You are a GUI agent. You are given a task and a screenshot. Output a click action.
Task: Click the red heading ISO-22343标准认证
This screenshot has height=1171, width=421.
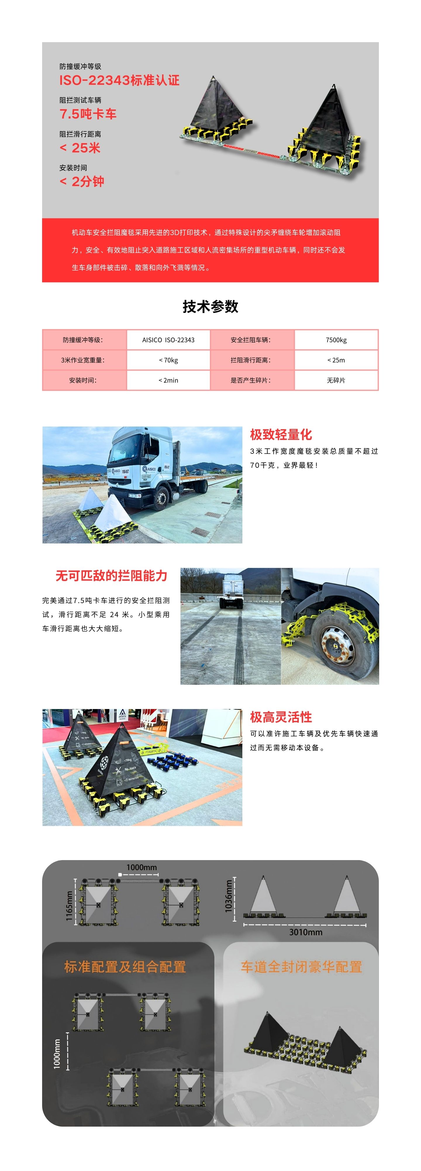coord(120,81)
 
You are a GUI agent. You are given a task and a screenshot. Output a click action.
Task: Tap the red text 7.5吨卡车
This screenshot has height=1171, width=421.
coord(88,114)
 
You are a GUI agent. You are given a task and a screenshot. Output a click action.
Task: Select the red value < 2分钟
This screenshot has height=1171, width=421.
coord(82,182)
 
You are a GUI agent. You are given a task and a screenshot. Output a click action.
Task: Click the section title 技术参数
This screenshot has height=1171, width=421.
coord(210,307)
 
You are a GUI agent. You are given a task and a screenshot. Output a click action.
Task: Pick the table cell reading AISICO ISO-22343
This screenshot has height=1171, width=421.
coord(168,340)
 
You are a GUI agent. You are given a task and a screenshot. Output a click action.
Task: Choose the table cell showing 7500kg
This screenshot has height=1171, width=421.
coord(336,340)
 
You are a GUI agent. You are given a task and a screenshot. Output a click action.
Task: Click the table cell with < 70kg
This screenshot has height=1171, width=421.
coord(168,360)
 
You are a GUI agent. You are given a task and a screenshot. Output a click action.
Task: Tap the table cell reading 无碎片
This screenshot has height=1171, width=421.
coord(336,380)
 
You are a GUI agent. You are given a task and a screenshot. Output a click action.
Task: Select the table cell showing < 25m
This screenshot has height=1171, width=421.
coord(336,360)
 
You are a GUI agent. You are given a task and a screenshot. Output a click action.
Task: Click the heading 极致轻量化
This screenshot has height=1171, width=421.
coord(281,434)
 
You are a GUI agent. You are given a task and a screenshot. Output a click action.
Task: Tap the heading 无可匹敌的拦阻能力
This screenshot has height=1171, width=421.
coord(112,576)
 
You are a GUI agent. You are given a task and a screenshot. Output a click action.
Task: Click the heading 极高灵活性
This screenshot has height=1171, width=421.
coord(281,717)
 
